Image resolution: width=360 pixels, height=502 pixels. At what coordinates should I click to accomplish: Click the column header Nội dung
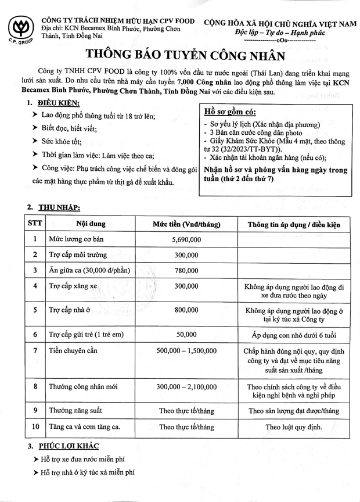point(88,224)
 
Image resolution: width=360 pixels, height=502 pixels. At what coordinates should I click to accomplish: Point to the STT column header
point(35,224)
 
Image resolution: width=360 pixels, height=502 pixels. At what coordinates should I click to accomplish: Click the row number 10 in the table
point(35,427)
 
